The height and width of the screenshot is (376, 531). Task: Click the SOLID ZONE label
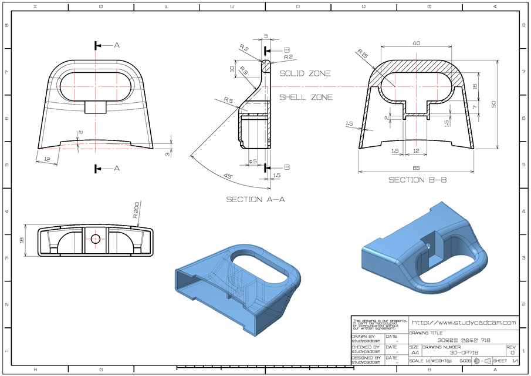point(305,73)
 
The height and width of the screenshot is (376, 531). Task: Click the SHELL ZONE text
point(306,97)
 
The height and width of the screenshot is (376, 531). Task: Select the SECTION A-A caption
point(255,199)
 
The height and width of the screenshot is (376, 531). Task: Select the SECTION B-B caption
point(417,180)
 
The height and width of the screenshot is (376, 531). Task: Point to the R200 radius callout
point(136,210)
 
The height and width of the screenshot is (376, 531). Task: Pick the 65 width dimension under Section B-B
point(417,168)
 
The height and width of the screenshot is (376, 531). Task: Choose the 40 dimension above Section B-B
point(416,43)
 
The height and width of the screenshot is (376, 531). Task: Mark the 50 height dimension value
point(493,104)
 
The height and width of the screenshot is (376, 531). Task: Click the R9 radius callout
point(243,72)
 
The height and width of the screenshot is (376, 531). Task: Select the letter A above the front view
point(116,45)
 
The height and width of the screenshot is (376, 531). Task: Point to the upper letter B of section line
point(286,50)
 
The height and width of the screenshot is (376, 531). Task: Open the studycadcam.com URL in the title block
point(464,323)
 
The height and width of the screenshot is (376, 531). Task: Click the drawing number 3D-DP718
point(464,352)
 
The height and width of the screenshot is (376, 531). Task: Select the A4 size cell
point(415,352)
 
